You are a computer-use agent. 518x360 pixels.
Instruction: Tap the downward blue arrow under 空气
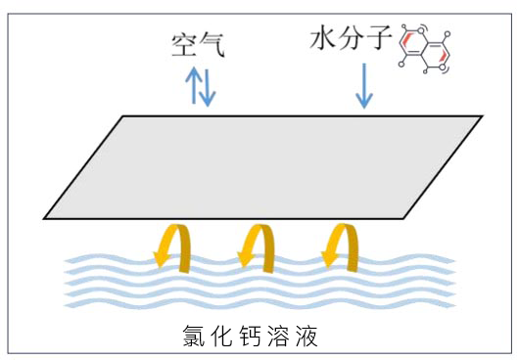(x=207, y=88)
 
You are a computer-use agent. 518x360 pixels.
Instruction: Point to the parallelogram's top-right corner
(x=481, y=116)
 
